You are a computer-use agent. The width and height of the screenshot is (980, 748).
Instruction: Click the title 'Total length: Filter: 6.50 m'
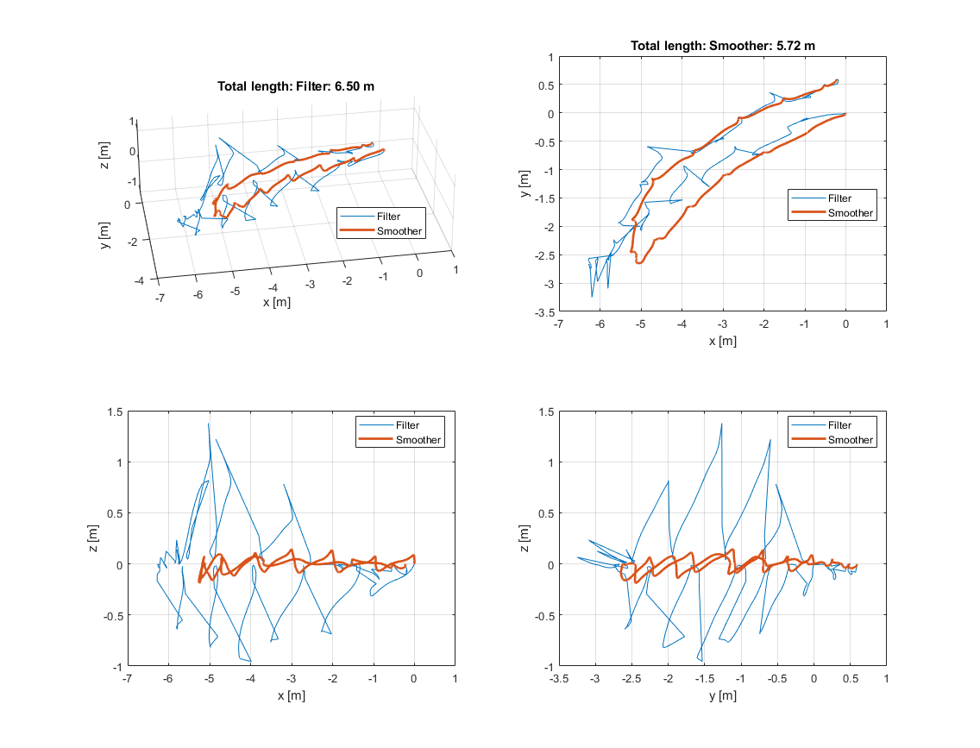[x=295, y=86]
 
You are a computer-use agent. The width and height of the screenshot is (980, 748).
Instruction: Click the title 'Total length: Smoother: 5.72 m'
[x=722, y=46]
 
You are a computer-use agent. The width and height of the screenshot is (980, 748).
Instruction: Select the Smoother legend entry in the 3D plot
[x=399, y=230]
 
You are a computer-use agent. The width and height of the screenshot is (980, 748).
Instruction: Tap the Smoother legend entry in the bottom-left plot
[x=418, y=440]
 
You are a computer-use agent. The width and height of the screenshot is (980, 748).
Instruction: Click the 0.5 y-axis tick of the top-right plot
[x=544, y=85]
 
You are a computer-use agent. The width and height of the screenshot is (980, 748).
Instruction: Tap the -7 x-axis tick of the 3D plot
[x=159, y=296]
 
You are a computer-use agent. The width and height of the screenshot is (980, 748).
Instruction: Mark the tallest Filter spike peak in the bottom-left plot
[x=209, y=424]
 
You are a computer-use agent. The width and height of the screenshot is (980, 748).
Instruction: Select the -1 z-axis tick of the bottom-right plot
[x=546, y=667]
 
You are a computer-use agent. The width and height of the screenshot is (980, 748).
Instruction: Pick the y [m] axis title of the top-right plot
[x=524, y=183]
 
